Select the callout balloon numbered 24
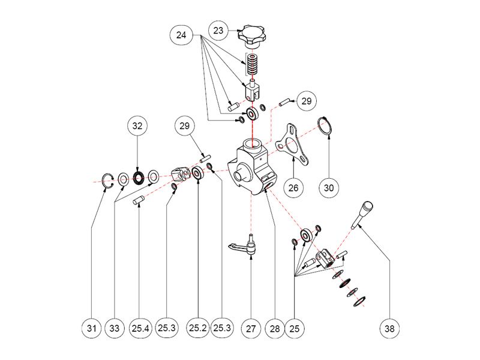pos(181,35)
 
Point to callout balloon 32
pos(138,127)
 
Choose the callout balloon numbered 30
pos(329,187)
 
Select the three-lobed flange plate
pos(291,143)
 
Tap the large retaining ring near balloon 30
pos(325,127)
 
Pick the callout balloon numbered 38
pos(389,328)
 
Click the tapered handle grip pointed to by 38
pos(364,214)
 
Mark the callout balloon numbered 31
pos(91,328)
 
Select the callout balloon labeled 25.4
pos(140,328)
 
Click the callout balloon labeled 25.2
pos(198,328)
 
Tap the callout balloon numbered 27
pos(250,328)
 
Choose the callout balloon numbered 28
pos(274,328)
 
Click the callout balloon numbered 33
pos(114,328)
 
